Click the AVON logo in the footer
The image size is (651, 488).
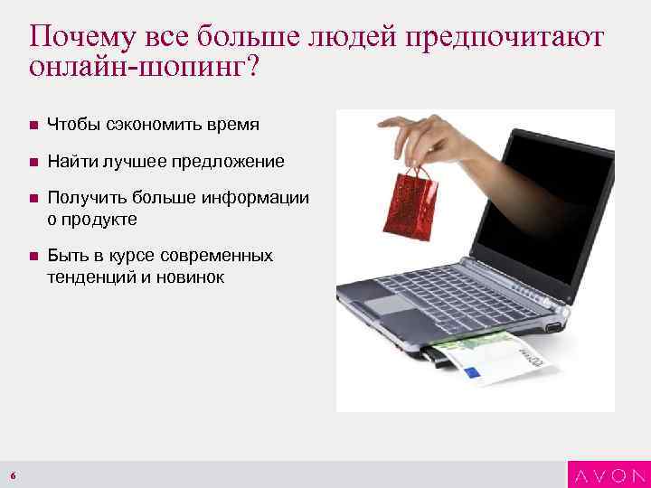[x=608, y=475]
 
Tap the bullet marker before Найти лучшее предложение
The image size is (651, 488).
[x=33, y=162]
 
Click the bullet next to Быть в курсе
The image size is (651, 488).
[x=33, y=257]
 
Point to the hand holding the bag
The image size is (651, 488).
[x=425, y=136]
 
